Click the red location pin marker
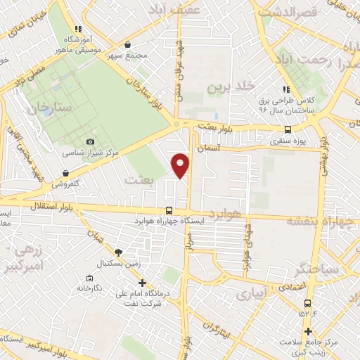[181, 165]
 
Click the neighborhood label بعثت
[137, 179]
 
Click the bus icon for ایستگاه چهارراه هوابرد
[168, 210]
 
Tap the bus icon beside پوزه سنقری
[288, 129]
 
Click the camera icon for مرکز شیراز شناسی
[89, 141]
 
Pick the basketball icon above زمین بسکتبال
[119, 252]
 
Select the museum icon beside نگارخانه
[86, 278]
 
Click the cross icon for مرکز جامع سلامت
[308, 331]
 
